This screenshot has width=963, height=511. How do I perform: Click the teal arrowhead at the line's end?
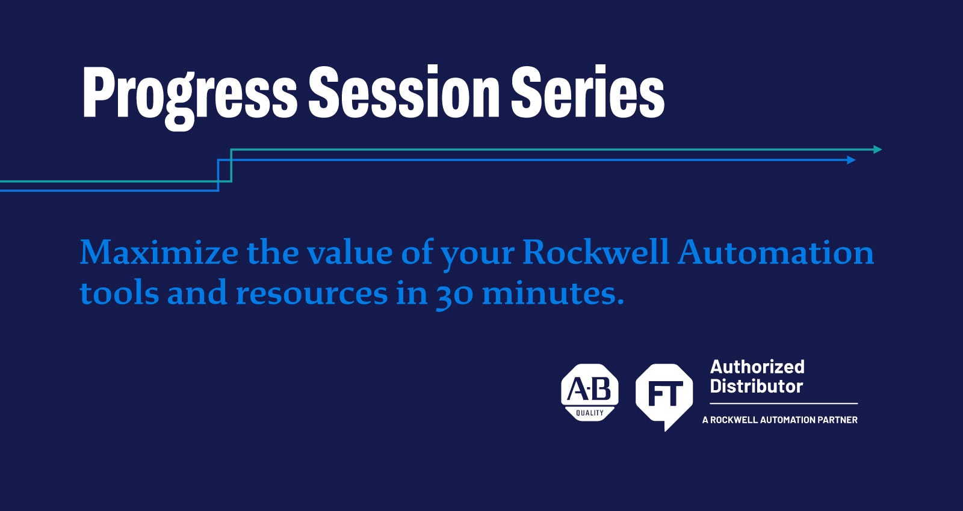coord(878,150)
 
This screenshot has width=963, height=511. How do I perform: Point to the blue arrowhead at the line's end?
coord(851,160)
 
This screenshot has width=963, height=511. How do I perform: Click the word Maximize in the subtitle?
coord(159,252)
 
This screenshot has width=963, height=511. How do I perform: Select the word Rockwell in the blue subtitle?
coord(595,252)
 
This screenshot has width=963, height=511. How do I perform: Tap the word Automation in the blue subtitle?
coord(776,252)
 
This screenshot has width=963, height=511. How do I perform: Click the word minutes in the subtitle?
coord(553,293)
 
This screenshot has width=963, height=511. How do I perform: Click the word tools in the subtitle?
coord(120,293)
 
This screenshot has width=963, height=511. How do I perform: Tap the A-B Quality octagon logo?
coord(590,393)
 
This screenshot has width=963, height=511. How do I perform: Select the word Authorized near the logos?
coord(757,367)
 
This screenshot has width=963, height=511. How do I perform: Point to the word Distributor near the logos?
coord(756,387)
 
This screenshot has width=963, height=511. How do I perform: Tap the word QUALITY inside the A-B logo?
coord(590,413)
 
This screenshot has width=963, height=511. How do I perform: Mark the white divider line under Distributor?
coord(784,403)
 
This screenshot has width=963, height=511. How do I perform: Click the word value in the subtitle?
coord(350,252)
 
